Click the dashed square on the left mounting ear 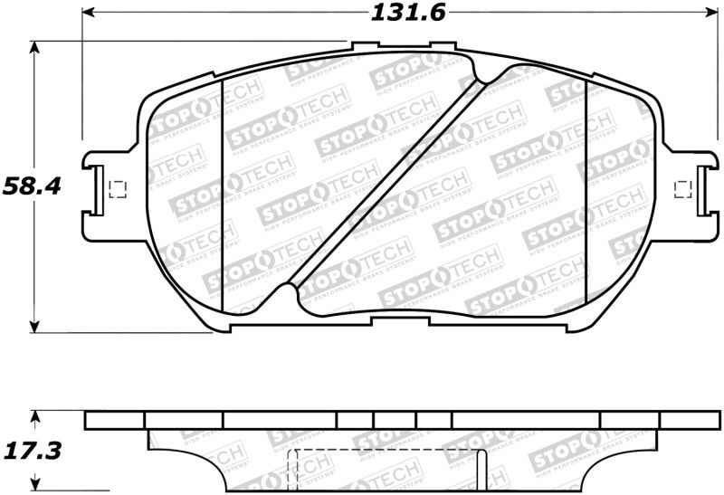click(x=115, y=189)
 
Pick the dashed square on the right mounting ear click(x=684, y=188)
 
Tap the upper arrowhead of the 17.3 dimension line click(x=34, y=417)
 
